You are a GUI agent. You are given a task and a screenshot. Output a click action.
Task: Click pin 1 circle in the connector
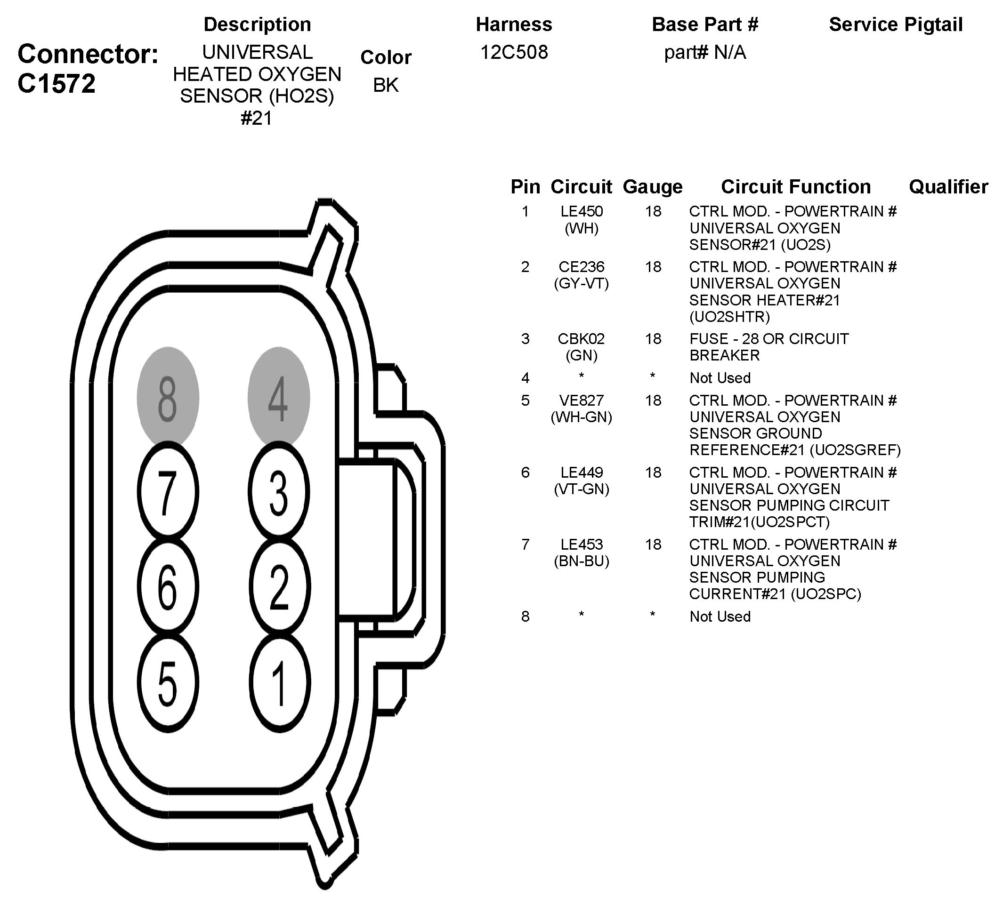click(x=280, y=683)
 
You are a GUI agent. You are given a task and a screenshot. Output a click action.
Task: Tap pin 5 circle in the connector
click(x=168, y=683)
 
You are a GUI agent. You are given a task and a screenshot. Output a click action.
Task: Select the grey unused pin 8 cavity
click(x=168, y=398)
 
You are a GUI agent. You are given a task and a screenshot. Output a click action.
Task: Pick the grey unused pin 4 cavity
click(x=279, y=398)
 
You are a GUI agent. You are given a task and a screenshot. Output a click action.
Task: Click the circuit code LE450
click(x=581, y=211)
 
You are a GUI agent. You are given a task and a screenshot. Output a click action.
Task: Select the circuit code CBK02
click(x=581, y=339)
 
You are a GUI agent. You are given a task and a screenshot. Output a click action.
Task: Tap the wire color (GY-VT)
click(x=581, y=283)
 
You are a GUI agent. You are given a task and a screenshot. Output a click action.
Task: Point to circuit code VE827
click(x=581, y=400)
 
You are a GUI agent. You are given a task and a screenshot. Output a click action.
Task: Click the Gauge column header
click(x=652, y=187)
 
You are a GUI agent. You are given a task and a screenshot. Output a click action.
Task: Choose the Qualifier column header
click(x=948, y=187)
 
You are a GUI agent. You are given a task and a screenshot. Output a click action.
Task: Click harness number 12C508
click(x=514, y=52)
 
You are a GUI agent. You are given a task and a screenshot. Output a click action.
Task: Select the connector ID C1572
click(x=56, y=84)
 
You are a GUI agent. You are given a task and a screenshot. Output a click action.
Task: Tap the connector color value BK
click(x=386, y=85)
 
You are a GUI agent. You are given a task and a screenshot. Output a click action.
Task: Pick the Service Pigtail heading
click(x=896, y=24)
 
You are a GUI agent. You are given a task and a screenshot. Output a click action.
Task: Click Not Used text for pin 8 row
click(x=720, y=617)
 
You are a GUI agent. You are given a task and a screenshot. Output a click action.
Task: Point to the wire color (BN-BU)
click(x=581, y=561)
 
